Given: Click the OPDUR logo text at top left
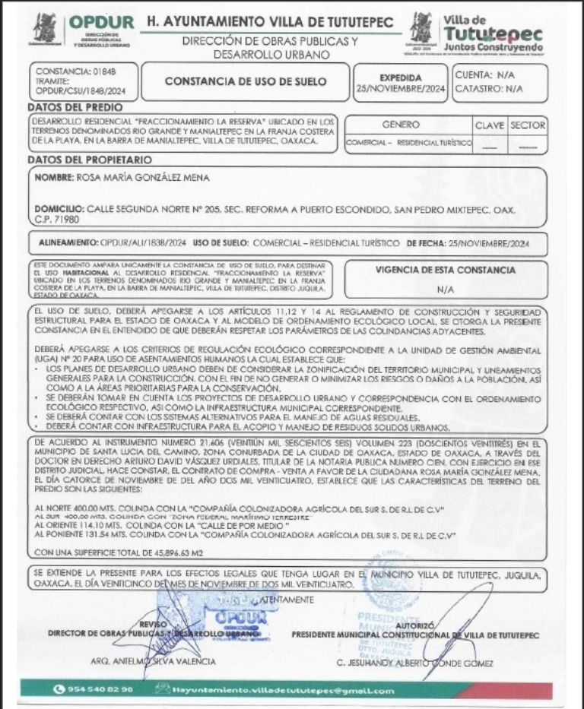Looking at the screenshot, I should [x=102, y=24].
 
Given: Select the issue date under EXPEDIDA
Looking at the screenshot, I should [x=400, y=89].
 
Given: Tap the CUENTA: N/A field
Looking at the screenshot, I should [x=484, y=75].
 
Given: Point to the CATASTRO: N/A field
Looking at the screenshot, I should [x=489, y=89].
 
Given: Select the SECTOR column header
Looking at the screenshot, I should [x=527, y=124].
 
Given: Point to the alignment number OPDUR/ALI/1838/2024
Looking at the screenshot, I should [x=141, y=242].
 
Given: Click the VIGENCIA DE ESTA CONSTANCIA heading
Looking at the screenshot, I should [x=445, y=270].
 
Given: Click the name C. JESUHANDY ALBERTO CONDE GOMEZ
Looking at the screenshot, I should [x=414, y=663].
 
